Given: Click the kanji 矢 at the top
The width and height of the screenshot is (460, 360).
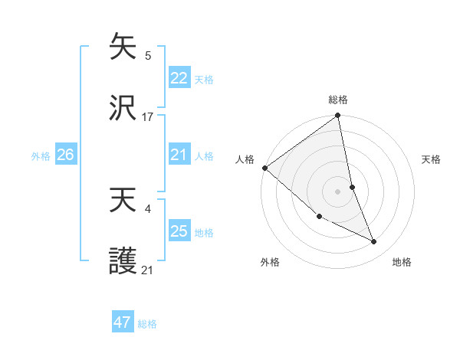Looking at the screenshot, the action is point(123,46).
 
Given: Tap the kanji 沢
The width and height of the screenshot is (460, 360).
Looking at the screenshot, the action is point(123,109).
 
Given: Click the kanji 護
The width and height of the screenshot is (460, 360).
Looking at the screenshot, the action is point(123,262).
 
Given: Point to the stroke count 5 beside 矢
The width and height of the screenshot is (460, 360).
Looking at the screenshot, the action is point(148,55).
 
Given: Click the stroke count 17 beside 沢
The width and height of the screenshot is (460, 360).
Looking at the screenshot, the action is point(148,117).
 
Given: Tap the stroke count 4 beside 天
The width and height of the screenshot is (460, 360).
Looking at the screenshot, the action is point(148,208).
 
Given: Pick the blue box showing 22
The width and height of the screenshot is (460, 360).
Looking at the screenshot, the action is point(179,78).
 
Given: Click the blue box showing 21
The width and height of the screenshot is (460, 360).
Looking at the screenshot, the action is point(179,155).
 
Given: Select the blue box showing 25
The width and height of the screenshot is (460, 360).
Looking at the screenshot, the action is point(179,231).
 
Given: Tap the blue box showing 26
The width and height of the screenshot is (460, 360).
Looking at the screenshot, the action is point(65,155).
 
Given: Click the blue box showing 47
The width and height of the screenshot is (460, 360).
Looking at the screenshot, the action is point(123,322).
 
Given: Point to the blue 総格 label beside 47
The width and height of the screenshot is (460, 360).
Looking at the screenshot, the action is point(147,324).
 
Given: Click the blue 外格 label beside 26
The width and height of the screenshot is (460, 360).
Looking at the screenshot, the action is point(41,156).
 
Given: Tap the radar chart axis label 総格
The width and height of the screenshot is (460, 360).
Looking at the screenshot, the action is point(338,100).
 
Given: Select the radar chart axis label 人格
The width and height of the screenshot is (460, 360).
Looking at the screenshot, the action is point(245,159).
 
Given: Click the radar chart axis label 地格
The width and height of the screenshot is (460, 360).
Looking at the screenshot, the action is point(402,262).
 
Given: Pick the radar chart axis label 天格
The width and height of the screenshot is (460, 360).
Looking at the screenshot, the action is point(431,159).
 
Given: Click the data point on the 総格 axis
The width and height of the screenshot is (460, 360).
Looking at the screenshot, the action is point(338,116).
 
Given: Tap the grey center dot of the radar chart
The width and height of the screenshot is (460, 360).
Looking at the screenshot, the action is point(338,191).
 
